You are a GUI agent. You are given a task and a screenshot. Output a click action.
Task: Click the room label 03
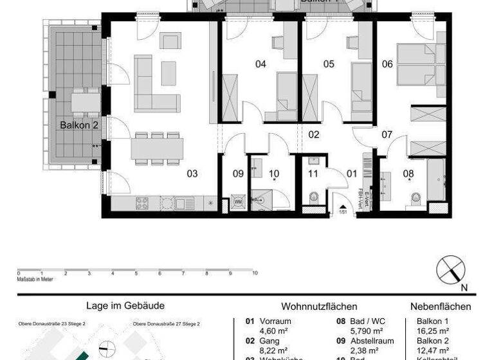(192, 174)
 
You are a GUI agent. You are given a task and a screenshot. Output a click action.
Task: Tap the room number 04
(261, 64)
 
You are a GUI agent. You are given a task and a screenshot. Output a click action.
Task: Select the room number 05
(329, 64)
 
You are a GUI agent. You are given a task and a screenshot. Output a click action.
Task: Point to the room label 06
(387, 64)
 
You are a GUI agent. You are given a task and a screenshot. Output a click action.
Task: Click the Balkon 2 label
(78, 125)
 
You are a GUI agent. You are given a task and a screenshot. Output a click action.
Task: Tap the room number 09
(238, 174)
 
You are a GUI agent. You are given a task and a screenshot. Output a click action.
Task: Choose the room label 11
(313, 174)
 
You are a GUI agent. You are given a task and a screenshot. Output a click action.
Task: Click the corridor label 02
(314, 135)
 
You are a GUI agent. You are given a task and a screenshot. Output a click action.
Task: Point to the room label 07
(387, 135)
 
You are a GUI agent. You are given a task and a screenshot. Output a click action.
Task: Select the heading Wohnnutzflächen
(319, 307)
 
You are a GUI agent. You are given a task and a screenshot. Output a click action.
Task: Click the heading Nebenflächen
(441, 307)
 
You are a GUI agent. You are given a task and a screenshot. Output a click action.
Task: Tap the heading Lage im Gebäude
(125, 306)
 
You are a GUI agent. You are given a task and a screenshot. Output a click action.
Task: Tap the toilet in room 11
(315, 197)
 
